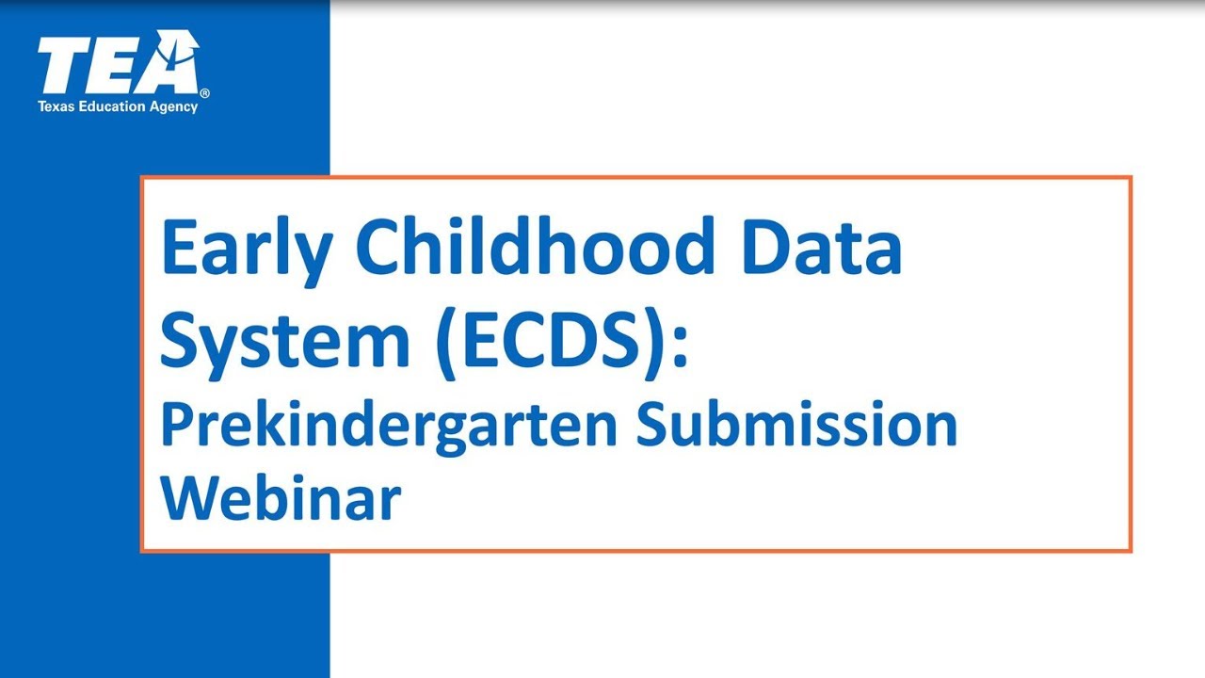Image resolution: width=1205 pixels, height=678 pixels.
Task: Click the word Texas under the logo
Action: [54, 106]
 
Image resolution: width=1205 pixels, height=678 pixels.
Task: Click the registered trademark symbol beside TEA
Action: [205, 93]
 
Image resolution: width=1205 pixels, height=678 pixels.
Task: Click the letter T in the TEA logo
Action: [62, 66]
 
